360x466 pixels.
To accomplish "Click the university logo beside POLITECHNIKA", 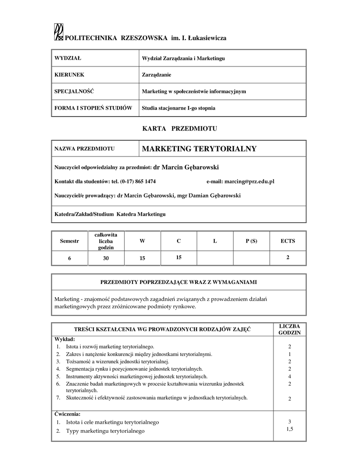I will click(x=58, y=32).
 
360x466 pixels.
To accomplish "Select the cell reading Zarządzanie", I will click(x=157, y=75).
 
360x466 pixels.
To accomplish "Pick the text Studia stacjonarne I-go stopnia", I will click(x=178, y=108).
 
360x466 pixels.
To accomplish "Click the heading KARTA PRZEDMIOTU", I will click(x=180, y=129).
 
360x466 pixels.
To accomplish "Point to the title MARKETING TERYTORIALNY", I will click(x=199, y=149).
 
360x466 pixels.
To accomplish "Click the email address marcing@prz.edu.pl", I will click(x=248, y=181).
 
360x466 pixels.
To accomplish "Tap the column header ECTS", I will click(x=288, y=241).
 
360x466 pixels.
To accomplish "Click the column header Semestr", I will click(x=69, y=241).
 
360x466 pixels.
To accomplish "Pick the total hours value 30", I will click(x=106, y=258).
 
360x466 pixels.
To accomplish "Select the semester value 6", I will click(x=70, y=258).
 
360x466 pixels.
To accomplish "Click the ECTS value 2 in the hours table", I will click(x=288, y=258).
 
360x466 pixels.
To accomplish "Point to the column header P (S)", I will click(x=251, y=241).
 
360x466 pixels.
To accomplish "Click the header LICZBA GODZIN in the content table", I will click(x=289, y=329).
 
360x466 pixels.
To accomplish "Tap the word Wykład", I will click(x=65, y=339).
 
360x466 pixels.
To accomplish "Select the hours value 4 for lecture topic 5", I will click(x=289, y=376).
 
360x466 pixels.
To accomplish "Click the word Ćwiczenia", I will click(x=67, y=414).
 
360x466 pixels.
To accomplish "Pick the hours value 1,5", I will click(x=289, y=429).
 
